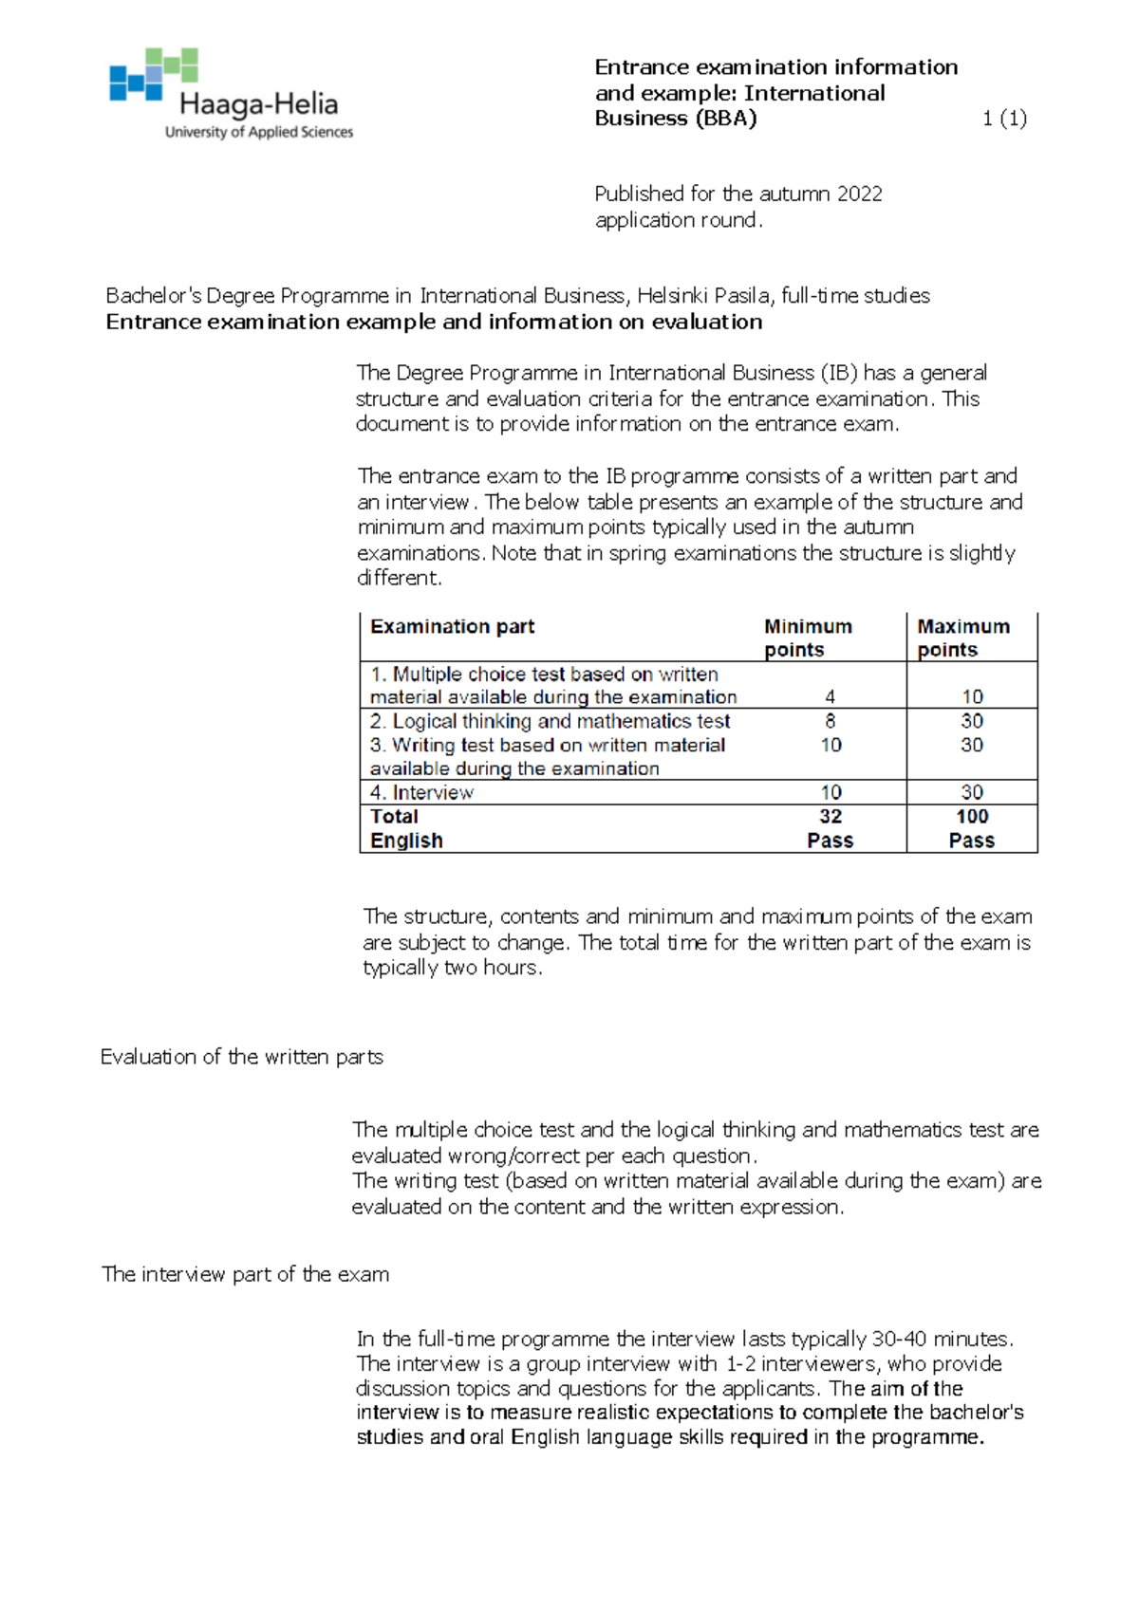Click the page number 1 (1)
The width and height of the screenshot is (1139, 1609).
(1004, 119)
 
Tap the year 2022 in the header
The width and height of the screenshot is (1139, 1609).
(860, 194)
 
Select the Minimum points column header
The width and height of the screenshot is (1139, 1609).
(808, 638)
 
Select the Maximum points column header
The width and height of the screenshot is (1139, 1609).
(962, 638)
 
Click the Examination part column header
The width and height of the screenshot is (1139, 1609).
(452, 627)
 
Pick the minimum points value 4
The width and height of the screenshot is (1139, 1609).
(831, 697)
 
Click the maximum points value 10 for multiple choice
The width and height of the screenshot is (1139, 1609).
(972, 697)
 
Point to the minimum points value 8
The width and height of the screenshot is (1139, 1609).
(831, 721)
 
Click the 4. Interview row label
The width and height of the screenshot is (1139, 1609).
(421, 793)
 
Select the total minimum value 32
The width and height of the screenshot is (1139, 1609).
(831, 817)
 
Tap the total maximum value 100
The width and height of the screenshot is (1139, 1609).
(972, 817)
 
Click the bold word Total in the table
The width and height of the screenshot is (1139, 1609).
(394, 817)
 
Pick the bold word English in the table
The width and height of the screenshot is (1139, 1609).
(406, 841)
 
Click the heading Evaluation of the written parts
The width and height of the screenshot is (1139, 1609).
(242, 1057)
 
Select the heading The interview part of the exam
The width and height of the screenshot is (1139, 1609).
(245, 1274)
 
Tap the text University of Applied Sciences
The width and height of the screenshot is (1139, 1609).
(259, 133)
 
